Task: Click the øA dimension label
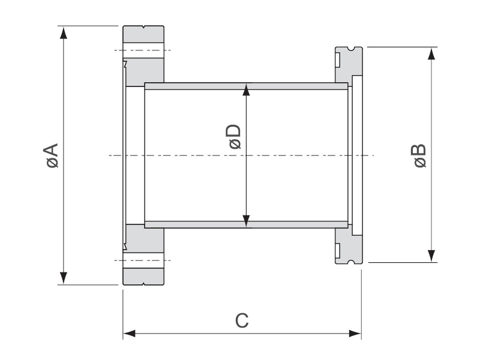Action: tap(51, 155)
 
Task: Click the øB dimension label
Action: tap(419, 155)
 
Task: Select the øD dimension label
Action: tap(234, 137)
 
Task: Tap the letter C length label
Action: tap(242, 320)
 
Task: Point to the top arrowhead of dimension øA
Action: tap(64, 32)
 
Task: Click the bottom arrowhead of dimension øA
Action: tap(64, 278)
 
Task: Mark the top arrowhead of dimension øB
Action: tap(431, 53)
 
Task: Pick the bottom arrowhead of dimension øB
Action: tap(431, 256)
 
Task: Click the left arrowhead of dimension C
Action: tap(129, 334)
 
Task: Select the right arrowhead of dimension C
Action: tap(355, 334)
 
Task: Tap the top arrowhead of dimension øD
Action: tap(246, 89)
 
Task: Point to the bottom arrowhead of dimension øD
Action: tap(246, 221)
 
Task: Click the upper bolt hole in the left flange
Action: tap(143, 50)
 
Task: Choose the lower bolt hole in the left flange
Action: tap(143, 260)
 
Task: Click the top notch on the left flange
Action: tap(143, 27)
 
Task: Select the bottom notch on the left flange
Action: tap(143, 283)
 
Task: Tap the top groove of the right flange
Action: tap(351, 49)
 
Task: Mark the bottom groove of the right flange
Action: tap(351, 262)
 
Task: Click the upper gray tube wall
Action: tap(246, 86)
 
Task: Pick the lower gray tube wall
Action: tap(246, 224)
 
